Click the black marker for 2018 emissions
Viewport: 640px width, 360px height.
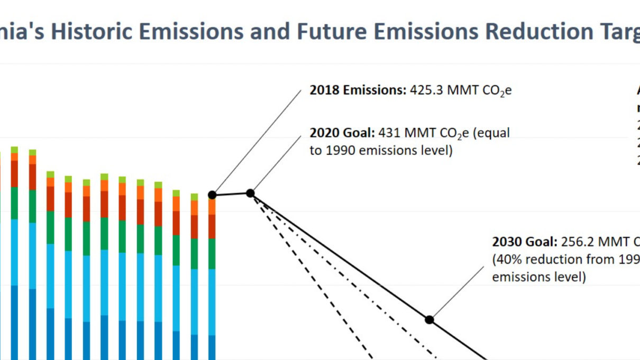click(212, 195)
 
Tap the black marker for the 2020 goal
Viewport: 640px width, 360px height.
click(250, 193)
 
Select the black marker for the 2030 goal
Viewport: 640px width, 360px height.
click(429, 320)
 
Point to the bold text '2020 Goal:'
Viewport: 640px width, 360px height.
click(342, 133)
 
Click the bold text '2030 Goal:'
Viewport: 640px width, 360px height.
click(525, 242)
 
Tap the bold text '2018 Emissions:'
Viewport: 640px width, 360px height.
click(358, 90)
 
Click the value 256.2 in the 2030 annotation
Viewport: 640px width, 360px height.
click(580, 242)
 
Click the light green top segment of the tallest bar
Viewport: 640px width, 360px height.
click(14, 150)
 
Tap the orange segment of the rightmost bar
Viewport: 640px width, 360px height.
click(212, 207)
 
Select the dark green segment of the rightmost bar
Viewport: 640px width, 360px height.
click(212, 254)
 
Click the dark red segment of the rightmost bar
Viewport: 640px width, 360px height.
click(212, 227)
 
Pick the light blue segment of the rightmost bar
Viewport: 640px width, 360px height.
click(212, 302)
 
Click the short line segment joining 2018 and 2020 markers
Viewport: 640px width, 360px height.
click(231, 195)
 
